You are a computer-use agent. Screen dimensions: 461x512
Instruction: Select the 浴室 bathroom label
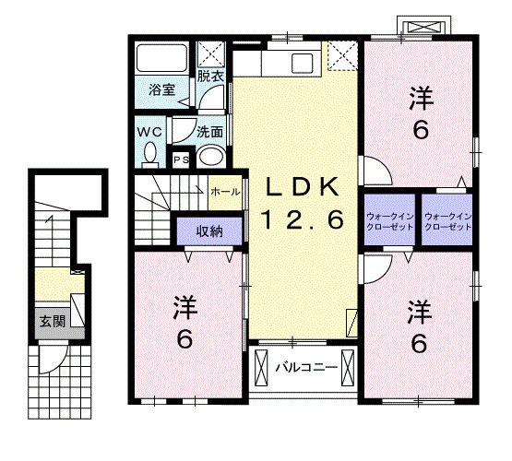pyautogui.click(x=162, y=90)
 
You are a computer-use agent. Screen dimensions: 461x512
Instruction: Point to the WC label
pyautogui.click(x=149, y=132)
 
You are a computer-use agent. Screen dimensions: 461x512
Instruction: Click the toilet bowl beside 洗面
pyautogui.click(x=212, y=155)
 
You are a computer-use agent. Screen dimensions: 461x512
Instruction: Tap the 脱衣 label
pyautogui.click(x=210, y=77)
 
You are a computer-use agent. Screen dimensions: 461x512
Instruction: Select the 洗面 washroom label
pyautogui.click(x=209, y=131)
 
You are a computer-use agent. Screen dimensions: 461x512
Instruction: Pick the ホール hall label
pyautogui.click(x=226, y=192)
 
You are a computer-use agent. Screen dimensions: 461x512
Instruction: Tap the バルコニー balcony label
pyautogui.click(x=300, y=369)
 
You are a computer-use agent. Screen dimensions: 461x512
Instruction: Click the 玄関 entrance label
pyautogui.click(x=50, y=322)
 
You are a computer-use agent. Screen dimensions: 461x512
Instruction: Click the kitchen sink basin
pyautogui.click(x=304, y=65)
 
